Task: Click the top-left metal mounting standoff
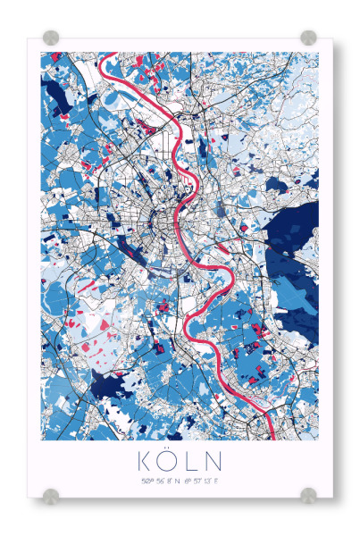[x=51, y=38]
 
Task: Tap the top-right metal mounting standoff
[x=308, y=38]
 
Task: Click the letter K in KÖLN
[x=145, y=462]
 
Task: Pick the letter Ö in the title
[x=169, y=461]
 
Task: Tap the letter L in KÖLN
[x=191, y=462]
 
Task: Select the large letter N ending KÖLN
[x=214, y=462]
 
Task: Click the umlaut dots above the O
[x=169, y=451]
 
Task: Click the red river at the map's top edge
[x=105, y=57]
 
